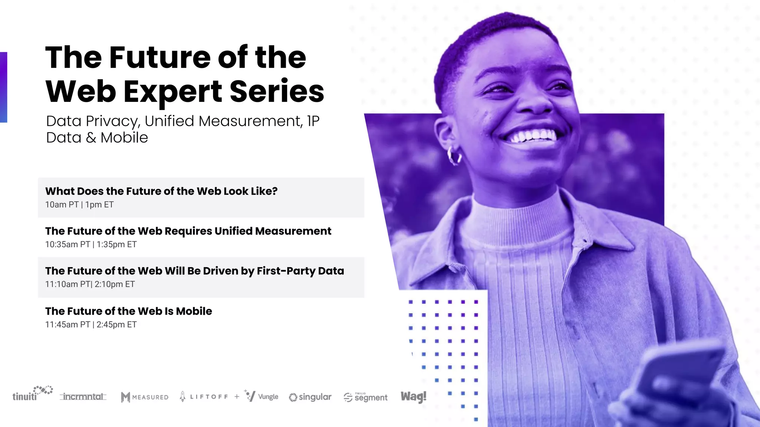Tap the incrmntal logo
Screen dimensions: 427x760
[x=83, y=397]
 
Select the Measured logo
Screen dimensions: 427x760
[x=145, y=397]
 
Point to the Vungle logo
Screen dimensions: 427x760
[x=262, y=396]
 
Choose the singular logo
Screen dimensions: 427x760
[x=310, y=397]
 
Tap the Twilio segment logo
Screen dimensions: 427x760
[x=366, y=397]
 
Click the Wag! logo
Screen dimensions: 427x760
[x=413, y=397]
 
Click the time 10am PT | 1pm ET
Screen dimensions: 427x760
[x=79, y=205]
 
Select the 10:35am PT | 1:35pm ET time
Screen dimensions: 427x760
[x=91, y=244]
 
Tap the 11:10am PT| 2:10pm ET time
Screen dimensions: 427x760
[x=90, y=284]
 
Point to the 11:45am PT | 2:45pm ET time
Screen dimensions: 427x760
[x=91, y=324]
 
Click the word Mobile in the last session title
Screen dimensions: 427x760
[x=194, y=311]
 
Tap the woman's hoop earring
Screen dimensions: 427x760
[x=454, y=155]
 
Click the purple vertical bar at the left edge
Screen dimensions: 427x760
[x=3, y=87]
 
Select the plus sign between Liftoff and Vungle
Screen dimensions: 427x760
[x=237, y=397]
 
